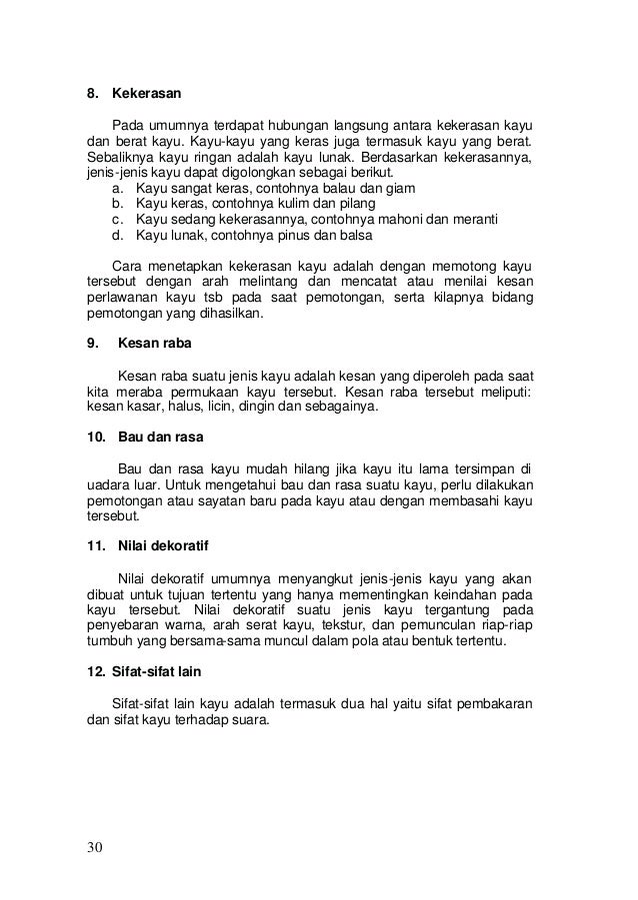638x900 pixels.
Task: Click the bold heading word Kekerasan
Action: click(x=146, y=96)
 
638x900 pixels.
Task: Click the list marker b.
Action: click(x=119, y=204)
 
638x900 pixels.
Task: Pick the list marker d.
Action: click(x=119, y=236)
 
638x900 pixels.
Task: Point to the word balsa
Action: click(x=352, y=236)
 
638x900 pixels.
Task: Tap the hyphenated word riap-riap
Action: click(x=507, y=624)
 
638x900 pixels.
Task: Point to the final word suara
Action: click(x=250, y=718)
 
